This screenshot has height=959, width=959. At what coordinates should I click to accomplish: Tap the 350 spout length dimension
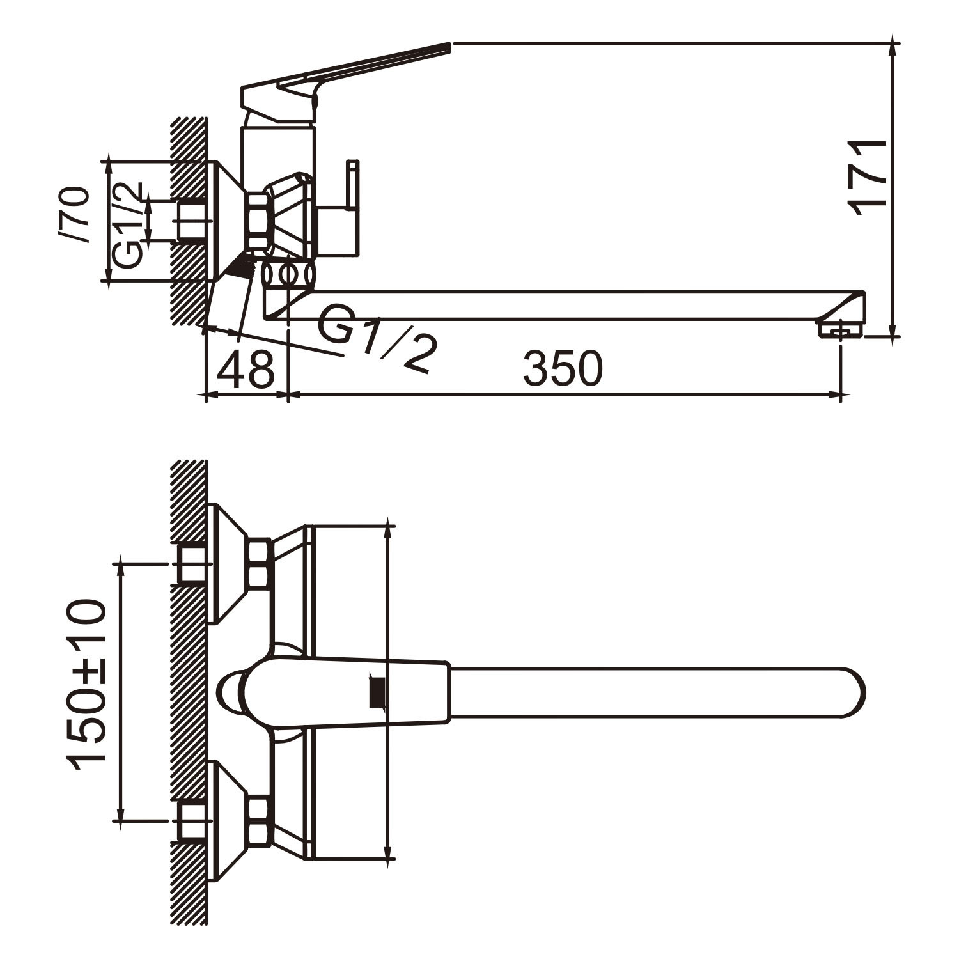coord(563,369)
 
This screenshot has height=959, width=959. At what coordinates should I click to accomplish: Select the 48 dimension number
coord(246,369)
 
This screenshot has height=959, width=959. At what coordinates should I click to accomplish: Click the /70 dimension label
coord(74,215)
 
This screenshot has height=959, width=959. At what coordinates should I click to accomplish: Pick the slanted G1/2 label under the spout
coord(378,338)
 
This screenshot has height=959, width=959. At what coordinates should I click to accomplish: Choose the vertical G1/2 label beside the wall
coord(127,225)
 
